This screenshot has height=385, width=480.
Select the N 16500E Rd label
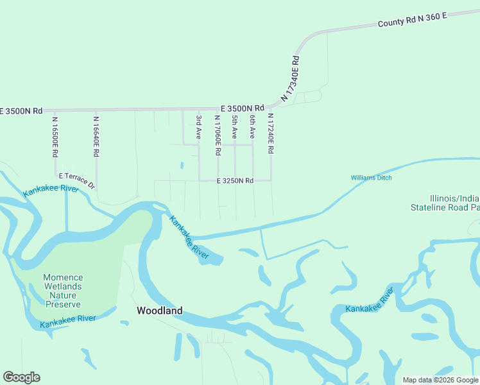pyautogui.click(x=55, y=136)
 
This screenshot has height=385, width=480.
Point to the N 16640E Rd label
pyautogui.click(x=96, y=136)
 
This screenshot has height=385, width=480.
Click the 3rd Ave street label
pyautogui.click(x=199, y=127)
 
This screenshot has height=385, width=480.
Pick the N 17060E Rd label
pyautogui.click(x=218, y=135)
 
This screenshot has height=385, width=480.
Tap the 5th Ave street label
pyautogui.click(x=235, y=127)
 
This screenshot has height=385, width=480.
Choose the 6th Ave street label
pyautogui.click(x=253, y=127)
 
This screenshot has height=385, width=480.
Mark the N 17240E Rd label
pyautogui.click(x=271, y=134)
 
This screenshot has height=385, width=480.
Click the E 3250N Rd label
pyautogui.click(x=235, y=181)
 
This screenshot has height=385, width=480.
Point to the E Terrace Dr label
pyautogui.click(x=76, y=180)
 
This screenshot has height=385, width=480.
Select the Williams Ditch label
pyautogui.click(x=371, y=178)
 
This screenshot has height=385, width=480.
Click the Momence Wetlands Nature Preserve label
pyautogui.click(x=63, y=291)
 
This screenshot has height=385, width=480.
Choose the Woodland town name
pyautogui.click(x=159, y=311)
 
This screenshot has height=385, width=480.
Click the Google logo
pyautogui.click(x=21, y=377)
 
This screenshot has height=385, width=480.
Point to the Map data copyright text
pyautogui.click(x=441, y=380)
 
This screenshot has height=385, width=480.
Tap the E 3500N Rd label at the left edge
pyautogui.click(x=21, y=111)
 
